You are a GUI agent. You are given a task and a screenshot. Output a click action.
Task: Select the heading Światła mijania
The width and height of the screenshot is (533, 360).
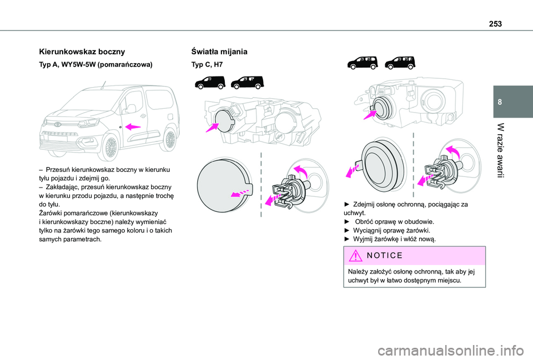[219, 52]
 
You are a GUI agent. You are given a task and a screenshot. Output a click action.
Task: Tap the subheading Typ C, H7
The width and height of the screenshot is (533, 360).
[208, 65]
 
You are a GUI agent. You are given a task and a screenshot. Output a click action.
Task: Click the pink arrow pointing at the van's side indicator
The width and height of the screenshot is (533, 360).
[133, 126]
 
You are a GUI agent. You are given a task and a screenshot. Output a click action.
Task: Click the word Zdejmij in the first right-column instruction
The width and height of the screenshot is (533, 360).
[367, 204]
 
